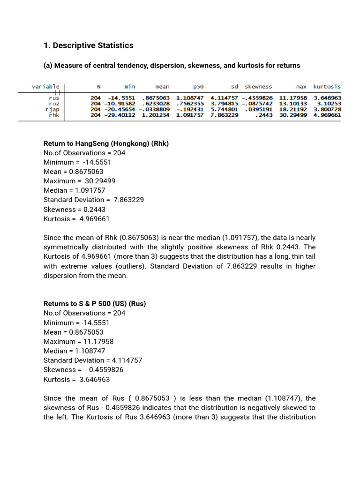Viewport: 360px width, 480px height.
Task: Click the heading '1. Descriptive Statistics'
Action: (88, 45)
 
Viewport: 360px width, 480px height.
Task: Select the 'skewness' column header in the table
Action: (258, 87)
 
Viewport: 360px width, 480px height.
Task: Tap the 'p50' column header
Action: (198, 87)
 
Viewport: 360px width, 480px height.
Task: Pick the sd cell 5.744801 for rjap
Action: (224, 109)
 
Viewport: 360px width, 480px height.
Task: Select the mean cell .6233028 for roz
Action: (156, 104)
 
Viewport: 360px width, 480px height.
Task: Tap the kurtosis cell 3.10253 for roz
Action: (329, 104)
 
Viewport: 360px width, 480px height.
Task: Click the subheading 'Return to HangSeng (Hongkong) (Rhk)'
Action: (106, 143)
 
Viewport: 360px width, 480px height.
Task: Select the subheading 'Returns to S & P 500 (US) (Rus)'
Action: (95, 303)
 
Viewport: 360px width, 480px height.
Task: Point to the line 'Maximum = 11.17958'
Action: (78, 341)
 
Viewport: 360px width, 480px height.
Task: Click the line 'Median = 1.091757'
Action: (74, 190)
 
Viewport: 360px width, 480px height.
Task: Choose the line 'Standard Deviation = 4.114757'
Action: (93, 360)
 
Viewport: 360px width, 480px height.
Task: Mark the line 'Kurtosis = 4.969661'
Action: (76, 218)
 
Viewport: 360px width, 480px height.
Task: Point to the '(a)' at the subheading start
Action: (48, 66)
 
